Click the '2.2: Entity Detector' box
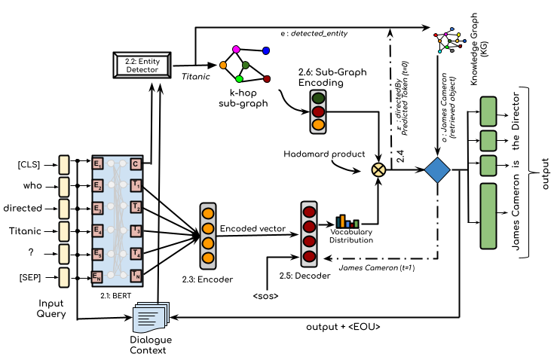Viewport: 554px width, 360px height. coord(142,66)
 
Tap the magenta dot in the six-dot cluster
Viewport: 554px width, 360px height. coord(236,50)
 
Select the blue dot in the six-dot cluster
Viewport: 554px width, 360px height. coord(266,50)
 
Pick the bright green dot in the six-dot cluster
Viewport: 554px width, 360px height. coord(239,79)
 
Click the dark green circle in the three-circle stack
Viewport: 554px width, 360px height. coord(318,98)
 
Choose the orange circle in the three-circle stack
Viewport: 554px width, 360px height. coord(318,124)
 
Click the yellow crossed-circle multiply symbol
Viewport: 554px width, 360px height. coord(378,170)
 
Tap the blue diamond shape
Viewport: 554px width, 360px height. coord(437,170)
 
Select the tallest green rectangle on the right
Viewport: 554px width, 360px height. coord(488,216)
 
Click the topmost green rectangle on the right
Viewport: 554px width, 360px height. coord(488,111)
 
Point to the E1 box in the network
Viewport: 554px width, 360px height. coord(97,164)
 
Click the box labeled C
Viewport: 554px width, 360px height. coord(136,164)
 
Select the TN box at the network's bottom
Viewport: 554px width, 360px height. coord(136,276)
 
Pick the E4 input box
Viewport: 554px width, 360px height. coord(97,231)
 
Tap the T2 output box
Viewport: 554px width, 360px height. coord(136,207)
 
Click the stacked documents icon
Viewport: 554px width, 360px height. coord(151,317)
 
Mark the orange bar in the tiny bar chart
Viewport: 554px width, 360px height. coord(342,221)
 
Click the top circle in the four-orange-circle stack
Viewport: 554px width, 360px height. coord(208,214)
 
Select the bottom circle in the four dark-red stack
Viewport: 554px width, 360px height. coord(309,257)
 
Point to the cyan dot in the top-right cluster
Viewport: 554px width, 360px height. coord(439,51)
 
